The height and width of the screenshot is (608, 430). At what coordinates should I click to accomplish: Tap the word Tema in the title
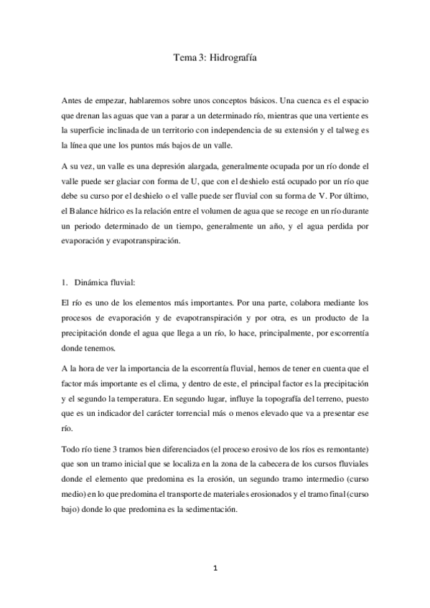point(186,62)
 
